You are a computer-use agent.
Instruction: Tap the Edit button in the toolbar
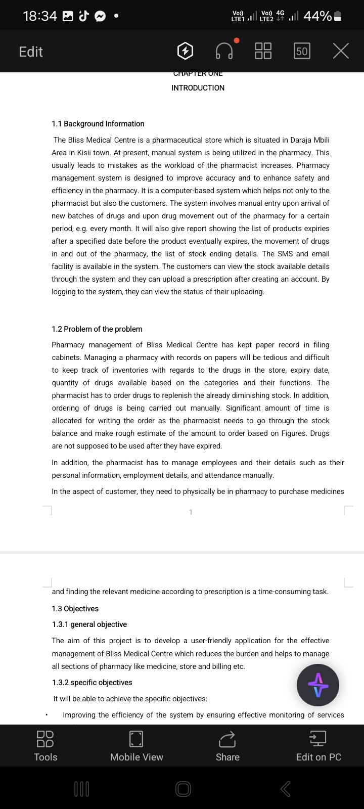point(31,52)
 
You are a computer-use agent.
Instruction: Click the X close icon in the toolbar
point(341,51)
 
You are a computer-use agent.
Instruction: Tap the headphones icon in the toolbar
point(224,51)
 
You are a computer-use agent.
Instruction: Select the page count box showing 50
point(302,51)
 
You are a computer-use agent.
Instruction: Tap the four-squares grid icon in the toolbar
point(263,51)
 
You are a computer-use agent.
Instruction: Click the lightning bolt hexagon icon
point(186,51)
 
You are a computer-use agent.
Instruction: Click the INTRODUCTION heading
point(198,88)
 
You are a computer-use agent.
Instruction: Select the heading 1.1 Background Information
point(98,124)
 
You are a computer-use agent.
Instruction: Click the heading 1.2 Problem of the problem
point(97,329)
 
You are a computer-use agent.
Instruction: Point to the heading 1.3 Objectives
point(75,609)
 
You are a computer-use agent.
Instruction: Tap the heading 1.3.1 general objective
point(89,624)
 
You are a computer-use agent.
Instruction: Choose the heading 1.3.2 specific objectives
point(92,683)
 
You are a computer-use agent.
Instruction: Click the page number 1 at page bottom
point(191,512)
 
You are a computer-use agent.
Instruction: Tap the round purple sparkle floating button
point(318,685)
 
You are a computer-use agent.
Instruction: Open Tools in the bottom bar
point(45,746)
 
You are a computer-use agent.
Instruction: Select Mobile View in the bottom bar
point(136,746)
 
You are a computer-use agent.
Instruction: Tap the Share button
point(227,746)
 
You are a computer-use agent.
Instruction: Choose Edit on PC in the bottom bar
point(318,746)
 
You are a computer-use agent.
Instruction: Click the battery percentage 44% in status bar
point(317,16)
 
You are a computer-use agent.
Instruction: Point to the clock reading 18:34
point(40,16)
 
